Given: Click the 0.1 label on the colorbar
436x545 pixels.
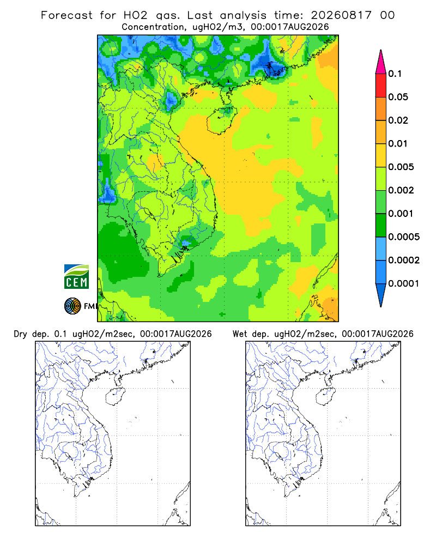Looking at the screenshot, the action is click(x=395, y=74).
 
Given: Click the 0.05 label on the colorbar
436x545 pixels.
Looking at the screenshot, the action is click(x=398, y=97).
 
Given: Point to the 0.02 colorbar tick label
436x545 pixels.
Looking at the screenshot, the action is click(x=398, y=120).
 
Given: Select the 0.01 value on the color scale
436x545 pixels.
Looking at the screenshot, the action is click(x=398, y=143).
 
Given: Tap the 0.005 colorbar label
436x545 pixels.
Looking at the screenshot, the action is click(x=401, y=167).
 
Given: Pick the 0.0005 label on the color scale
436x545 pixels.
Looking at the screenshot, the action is click(x=404, y=237).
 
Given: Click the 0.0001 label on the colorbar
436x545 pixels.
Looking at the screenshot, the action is click(x=404, y=283).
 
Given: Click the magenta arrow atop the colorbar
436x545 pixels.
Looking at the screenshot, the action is click(x=381, y=63).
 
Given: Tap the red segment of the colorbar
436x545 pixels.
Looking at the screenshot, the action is click(x=381, y=86).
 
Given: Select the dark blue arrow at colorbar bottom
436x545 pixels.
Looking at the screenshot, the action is click(x=381, y=294).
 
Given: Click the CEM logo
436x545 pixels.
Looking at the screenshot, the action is click(x=76, y=277).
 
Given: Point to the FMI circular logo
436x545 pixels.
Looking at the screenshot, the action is click(x=72, y=306).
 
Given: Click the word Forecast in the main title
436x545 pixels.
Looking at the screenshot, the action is click(x=66, y=15).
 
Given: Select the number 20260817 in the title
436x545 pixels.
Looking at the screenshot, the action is click(x=341, y=15).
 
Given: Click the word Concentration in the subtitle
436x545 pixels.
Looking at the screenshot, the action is click(x=153, y=27).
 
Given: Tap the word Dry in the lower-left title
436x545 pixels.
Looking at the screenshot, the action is click(x=20, y=334).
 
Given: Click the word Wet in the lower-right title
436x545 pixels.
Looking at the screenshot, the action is click(x=240, y=334).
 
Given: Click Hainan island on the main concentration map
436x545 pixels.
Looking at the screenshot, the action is click(x=221, y=120).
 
